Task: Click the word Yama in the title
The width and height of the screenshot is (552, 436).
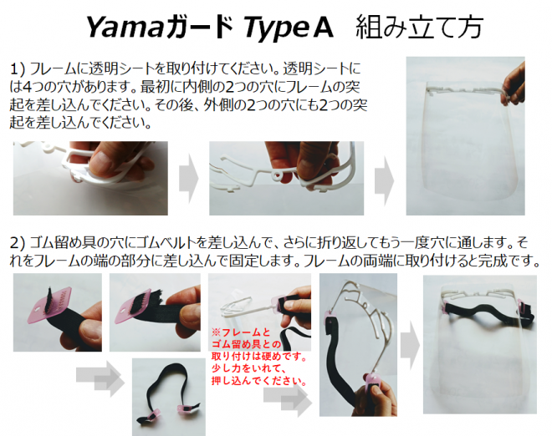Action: (x=125, y=28)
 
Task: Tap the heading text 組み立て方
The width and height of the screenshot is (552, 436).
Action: (x=419, y=28)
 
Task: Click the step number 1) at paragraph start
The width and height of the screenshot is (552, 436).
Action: (x=18, y=69)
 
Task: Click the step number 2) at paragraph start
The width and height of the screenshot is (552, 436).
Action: (x=18, y=243)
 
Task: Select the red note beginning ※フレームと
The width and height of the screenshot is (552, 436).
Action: (x=259, y=357)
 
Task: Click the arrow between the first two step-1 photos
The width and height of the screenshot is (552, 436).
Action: (x=189, y=179)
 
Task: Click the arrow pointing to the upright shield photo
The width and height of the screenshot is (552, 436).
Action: (x=384, y=180)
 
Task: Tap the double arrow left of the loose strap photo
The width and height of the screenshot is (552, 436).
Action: (x=100, y=378)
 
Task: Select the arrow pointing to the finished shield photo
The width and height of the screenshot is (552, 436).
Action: (x=410, y=345)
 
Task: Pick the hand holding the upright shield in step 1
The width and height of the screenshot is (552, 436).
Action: (x=514, y=84)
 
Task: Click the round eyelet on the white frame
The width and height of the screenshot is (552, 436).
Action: (x=278, y=175)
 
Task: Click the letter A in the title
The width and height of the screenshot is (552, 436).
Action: (x=323, y=28)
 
